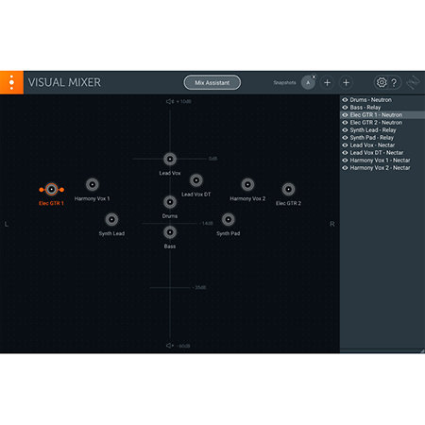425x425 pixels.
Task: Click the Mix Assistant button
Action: (212, 82)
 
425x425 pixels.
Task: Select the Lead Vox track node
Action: (170, 159)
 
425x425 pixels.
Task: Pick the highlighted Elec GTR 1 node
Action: (51, 189)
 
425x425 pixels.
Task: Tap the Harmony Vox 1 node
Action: (92, 185)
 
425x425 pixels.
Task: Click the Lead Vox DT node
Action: (195, 180)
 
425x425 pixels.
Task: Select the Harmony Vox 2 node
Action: (247, 185)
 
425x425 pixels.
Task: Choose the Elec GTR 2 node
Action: (288, 189)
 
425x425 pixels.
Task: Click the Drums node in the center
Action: (170, 202)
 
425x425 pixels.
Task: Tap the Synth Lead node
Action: (111, 219)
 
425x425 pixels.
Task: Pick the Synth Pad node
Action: (228, 219)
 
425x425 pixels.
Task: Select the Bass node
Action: (170, 232)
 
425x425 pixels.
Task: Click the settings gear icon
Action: (382, 82)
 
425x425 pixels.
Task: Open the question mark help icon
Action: (394, 82)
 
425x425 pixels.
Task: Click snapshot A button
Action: (308, 82)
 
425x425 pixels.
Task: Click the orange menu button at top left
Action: (11, 82)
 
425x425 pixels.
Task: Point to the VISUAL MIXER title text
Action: (64, 82)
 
